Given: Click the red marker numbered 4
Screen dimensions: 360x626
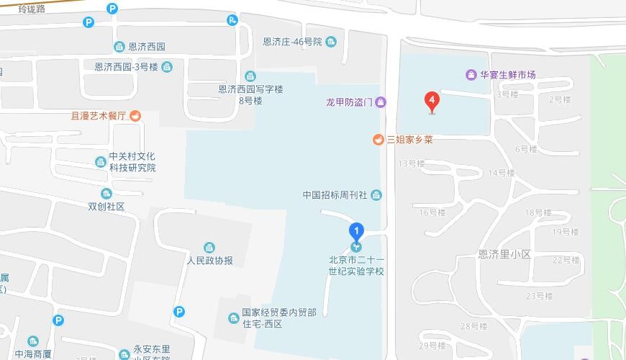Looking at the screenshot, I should [432, 102].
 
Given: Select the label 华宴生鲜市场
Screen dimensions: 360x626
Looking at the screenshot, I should [508, 75].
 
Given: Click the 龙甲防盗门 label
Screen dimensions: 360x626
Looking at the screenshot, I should [349, 102].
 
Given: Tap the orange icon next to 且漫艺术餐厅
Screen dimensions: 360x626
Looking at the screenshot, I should [135, 115].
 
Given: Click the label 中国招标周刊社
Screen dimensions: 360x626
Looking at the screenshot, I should [335, 195].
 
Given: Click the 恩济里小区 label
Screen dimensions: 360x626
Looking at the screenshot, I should [504, 254].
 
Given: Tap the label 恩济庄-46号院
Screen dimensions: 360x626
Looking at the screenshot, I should [292, 42].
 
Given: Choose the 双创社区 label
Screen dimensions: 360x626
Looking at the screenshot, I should [106, 206].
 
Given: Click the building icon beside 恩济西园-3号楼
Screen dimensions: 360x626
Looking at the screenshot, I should [167, 67].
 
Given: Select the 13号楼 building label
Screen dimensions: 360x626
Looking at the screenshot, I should [412, 163].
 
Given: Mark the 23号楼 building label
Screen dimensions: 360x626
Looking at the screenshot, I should [539, 296].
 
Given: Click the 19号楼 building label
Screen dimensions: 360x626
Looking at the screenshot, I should [565, 232].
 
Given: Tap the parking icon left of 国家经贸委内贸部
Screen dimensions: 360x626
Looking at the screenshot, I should [179, 312].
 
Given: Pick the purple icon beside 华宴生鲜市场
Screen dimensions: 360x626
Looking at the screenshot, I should [471, 75].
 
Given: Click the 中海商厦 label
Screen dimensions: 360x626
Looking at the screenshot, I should [32, 354].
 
